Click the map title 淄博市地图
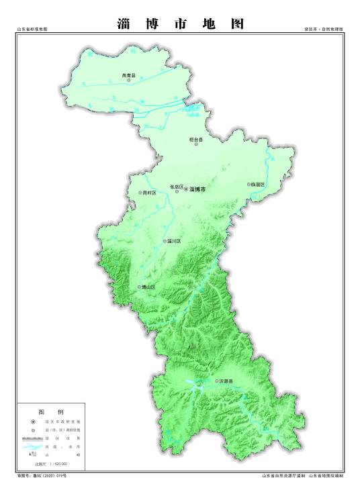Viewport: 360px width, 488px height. coord(180,24)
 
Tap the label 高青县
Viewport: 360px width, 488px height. coord(128,75)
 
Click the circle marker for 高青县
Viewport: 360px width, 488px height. coord(129,81)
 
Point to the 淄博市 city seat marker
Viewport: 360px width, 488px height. coord(186,190)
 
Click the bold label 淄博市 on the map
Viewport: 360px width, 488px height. coord(199,190)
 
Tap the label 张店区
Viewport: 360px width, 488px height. coord(177,186)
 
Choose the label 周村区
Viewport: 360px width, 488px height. coord(149,193)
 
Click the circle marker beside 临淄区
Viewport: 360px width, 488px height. coord(249,184)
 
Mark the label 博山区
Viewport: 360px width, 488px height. coord(148,287)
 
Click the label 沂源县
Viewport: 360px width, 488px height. coord(226,381)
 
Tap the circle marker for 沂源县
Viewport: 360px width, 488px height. coord(216,381)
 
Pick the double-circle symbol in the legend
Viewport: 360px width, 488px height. coord(32,420)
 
